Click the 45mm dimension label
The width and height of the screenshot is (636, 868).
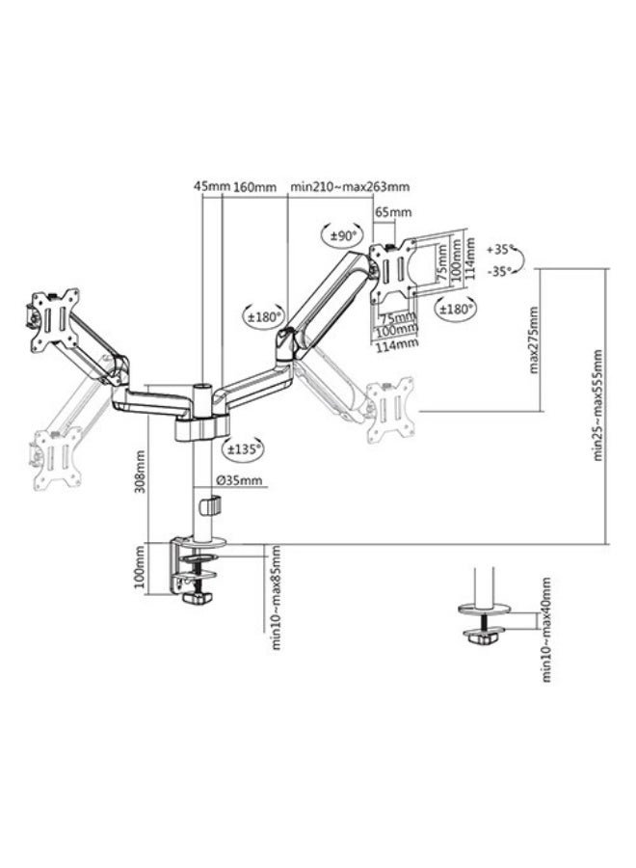(x=211, y=186)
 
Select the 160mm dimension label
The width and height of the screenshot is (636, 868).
(x=255, y=186)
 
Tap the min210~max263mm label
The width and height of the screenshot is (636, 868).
(x=350, y=186)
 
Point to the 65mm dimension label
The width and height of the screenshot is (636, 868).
(x=393, y=211)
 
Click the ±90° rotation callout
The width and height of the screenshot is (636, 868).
(x=342, y=236)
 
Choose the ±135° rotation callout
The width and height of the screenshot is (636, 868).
(x=242, y=448)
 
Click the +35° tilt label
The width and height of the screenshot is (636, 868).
(x=500, y=250)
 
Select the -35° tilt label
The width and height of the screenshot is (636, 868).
(x=500, y=271)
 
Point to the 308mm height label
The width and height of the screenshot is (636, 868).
(x=140, y=472)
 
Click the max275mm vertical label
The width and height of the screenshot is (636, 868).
(x=533, y=339)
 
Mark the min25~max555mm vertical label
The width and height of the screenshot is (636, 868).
(x=597, y=405)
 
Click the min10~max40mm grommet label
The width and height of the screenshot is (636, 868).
(x=546, y=630)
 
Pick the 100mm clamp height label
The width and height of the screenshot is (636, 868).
(x=139, y=567)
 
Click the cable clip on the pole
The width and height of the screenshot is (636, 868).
(x=209, y=506)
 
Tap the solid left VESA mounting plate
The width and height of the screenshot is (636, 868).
(x=55, y=320)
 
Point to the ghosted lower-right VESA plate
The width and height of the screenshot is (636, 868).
(x=390, y=411)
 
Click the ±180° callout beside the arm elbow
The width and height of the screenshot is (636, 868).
(x=264, y=317)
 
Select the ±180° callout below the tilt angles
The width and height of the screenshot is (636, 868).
(x=456, y=309)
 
